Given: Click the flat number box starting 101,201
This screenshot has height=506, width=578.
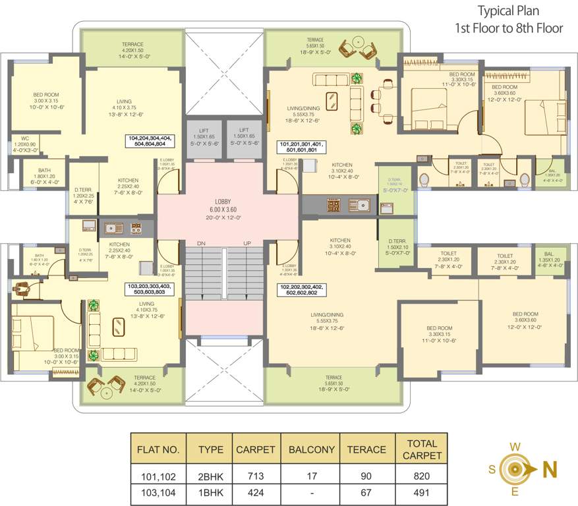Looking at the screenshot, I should point(302,147).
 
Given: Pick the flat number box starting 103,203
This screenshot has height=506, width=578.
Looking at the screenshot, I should point(149,290).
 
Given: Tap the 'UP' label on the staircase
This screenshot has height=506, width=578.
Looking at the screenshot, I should point(248,243).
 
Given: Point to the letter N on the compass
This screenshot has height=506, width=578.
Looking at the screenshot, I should point(549,469).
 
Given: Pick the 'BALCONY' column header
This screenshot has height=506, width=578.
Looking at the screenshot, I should point(310,450).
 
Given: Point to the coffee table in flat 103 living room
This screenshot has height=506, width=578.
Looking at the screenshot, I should point(118,327).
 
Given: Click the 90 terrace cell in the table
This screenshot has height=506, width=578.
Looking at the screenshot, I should point(366,476).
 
